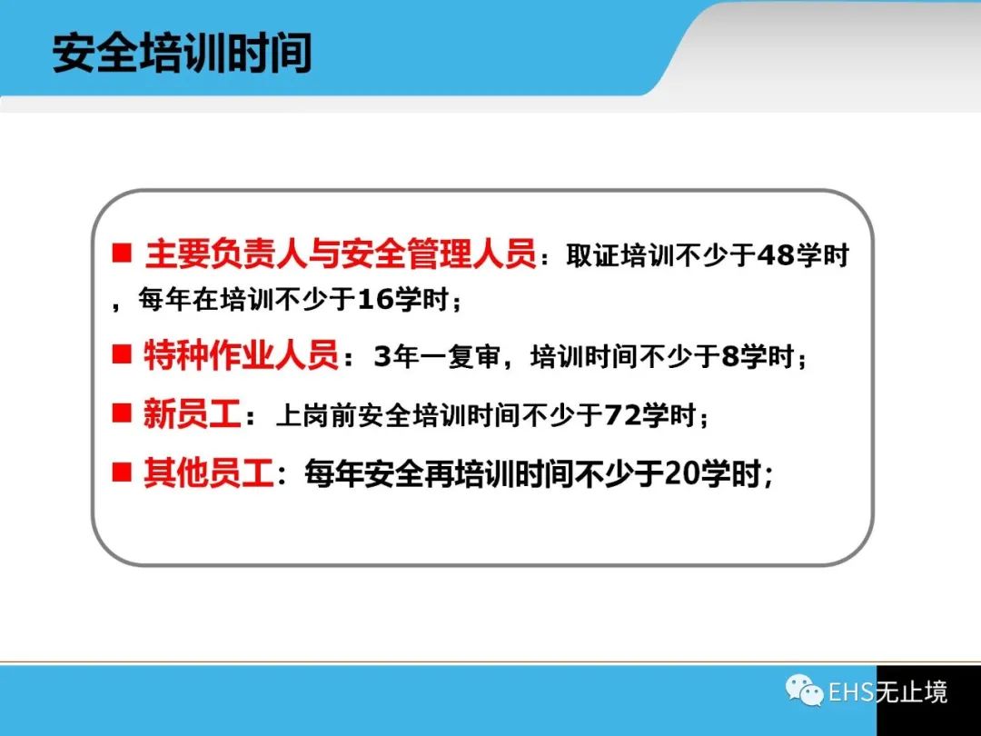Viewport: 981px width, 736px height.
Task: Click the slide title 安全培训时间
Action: pyautogui.click(x=182, y=54)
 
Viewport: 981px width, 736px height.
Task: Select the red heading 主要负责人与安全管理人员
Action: pyautogui.click(x=341, y=254)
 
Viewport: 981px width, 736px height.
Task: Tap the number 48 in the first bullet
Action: pyautogui.click(x=776, y=255)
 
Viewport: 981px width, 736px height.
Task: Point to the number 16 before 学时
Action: pyautogui.click(x=375, y=300)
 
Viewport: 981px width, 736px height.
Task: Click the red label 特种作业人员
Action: pyautogui.click(x=241, y=355)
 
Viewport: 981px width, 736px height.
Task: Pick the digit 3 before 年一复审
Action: pyautogui.click(x=382, y=357)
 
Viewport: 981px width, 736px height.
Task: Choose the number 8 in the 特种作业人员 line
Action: pyautogui.click(x=730, y=357)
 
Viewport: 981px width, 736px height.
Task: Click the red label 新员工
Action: pyautogui.click(x=192, y=413)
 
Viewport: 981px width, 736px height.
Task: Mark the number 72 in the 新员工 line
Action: pyautogui.click(x=622, y=415)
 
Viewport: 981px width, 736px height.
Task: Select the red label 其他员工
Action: pyautogui.click(x=208, y=472)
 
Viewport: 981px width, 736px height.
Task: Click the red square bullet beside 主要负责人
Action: pyautogui.click(x=122, y=253)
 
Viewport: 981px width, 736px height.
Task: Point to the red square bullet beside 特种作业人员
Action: pyautogui.click(x=122, y=354)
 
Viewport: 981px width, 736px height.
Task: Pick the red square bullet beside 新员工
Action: pyautogui.click(x=122, y=413)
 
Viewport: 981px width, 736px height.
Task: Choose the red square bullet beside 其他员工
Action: pyautogui.click(x=122, y=472)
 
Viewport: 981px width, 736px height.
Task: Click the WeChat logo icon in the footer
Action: pyautogui.click(x=805, y=691)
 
